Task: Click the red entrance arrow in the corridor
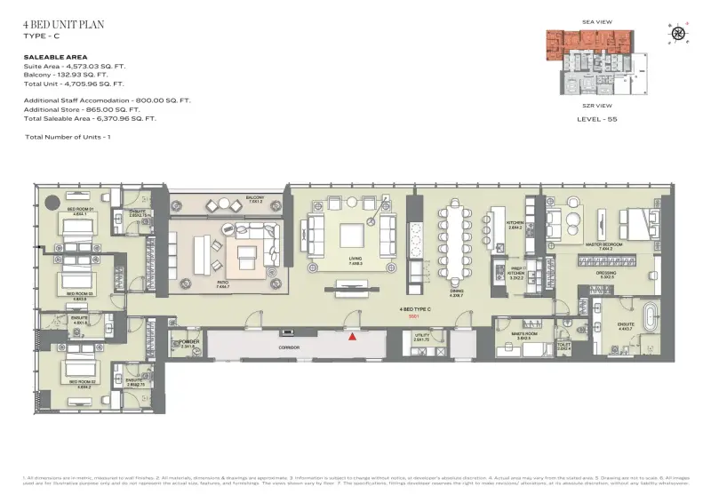(x=354, y=337)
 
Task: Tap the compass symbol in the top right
(x=678, y=34)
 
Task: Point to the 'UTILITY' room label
(x=421, y=335)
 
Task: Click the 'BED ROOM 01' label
(x=80, y=210)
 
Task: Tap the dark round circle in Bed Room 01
(x=52, y=201)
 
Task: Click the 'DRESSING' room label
(x=606, y=273)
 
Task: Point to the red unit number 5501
(x=413, y=315)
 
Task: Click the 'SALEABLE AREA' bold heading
(x=55, y=56)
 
